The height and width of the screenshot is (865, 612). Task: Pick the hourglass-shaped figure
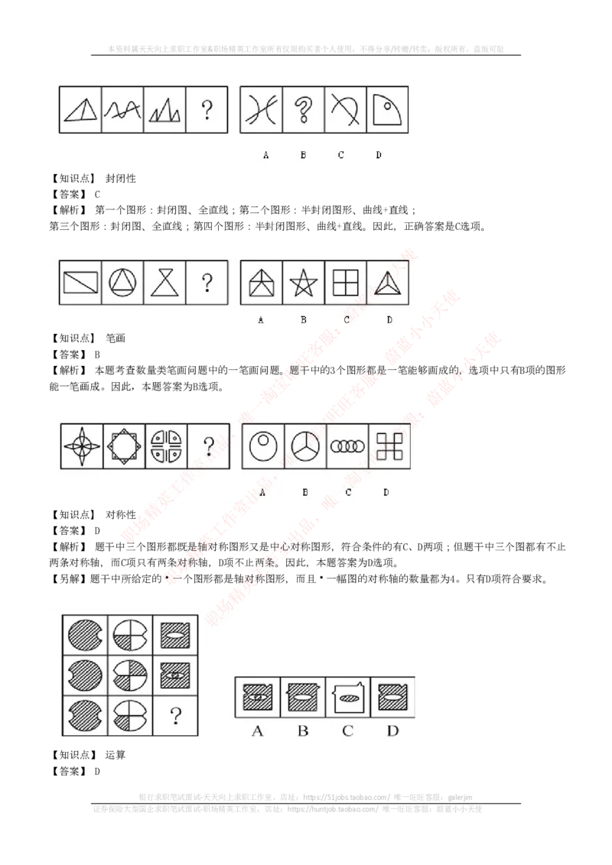tap(164, 283)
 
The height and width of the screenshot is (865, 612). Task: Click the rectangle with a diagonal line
tap(80, 283)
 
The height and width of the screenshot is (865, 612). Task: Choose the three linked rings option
tap(348, 447)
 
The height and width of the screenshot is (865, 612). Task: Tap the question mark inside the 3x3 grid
tap(176, 716)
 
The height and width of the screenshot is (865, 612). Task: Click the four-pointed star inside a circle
tap(81, 446)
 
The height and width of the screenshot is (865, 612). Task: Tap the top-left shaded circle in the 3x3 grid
tap(85, 634)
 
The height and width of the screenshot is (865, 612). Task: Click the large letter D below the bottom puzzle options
tap(392, 731)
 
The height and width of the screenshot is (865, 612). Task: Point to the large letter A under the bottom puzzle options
tap(257, 731)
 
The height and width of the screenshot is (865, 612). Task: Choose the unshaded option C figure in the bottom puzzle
tap(348, 697)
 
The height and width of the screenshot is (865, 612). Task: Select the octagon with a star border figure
tap(123, 446)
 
